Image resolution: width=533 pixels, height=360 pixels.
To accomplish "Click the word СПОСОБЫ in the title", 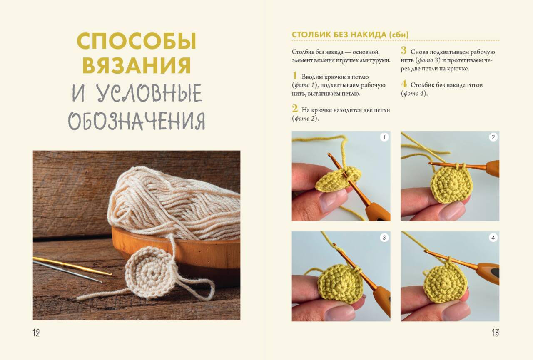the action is (137, 41).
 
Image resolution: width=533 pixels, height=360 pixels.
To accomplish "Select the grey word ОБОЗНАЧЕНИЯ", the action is (137, 121).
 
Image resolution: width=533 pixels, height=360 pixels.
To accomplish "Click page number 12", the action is (36, 333).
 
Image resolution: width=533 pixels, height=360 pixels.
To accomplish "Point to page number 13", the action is (496, 333).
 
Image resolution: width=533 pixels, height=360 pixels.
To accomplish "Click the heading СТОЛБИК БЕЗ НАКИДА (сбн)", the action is (350, 35).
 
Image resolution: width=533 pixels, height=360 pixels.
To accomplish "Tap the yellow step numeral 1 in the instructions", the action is (295, 75).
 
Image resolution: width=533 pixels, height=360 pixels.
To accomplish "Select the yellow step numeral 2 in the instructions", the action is (295, 109).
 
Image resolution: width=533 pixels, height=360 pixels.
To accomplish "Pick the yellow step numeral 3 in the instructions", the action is (403, 50).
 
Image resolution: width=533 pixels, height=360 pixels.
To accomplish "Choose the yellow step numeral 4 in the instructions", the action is (404, 84).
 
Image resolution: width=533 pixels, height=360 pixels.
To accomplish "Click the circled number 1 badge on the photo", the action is (384, 137).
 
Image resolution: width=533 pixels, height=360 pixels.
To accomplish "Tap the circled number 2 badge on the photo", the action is (493, 137).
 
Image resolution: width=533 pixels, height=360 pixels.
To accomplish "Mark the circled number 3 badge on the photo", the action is (384, 237).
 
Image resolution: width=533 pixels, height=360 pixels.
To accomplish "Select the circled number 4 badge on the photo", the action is (493, 237).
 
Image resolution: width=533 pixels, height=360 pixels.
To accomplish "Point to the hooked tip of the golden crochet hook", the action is (110, 274).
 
